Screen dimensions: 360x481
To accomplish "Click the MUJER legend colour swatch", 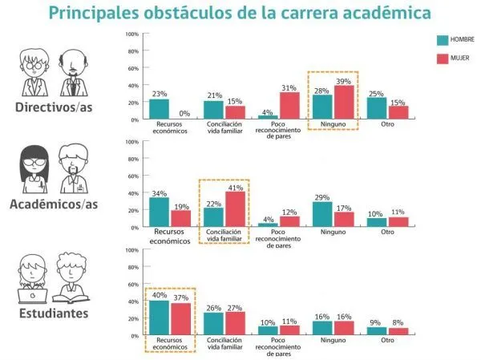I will pyautogui.click(x=443, y=59).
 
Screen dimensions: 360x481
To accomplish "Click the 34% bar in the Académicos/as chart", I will pyautogui.click(x=160, y=212).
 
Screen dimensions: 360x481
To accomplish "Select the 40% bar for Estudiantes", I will pyautogui.click(x=160, y=318).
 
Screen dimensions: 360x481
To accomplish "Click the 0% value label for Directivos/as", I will pyautogui.click(x=183, y=114).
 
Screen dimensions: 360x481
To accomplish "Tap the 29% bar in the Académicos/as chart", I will pyautogui.click(x=322, y=215).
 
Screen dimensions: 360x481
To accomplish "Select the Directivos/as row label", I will pyautogui.click(x=54, y=108).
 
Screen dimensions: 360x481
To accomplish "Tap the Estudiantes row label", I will pyautogui.click(x=55, y=313).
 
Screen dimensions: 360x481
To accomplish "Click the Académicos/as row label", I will pyautogui.click(x=54, y=206).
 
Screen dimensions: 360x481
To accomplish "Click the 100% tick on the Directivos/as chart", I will pyautogui.click(x=133, y=34).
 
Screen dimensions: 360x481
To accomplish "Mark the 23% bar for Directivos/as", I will pyautogui.click(x=160, y=109).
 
